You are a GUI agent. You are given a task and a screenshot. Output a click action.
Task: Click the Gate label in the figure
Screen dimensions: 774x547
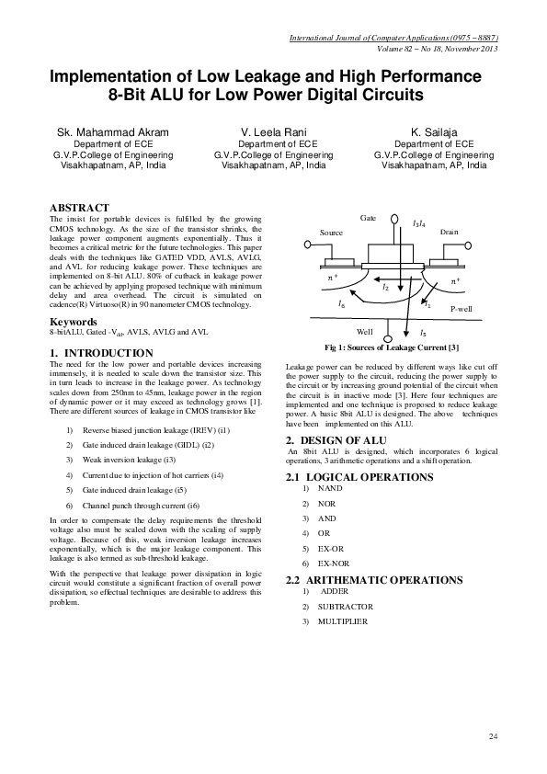[x=368, y=217]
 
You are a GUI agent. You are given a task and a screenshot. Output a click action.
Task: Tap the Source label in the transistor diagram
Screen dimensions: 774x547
[x=331, y=233]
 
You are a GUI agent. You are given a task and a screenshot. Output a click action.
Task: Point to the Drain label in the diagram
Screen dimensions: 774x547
[x=449, y=233]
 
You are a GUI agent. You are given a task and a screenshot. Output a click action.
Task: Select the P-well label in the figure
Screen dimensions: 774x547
[x=461, y=312]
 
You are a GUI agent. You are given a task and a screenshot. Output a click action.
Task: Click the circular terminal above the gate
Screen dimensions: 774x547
[x=394, y=220]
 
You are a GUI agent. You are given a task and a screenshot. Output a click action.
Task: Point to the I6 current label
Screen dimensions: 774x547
[x=342, y=302]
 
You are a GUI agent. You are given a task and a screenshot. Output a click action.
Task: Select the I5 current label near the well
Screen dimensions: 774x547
[x=422, y=331]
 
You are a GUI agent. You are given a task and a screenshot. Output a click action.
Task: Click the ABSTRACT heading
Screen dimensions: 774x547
[x=79, y=209]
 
